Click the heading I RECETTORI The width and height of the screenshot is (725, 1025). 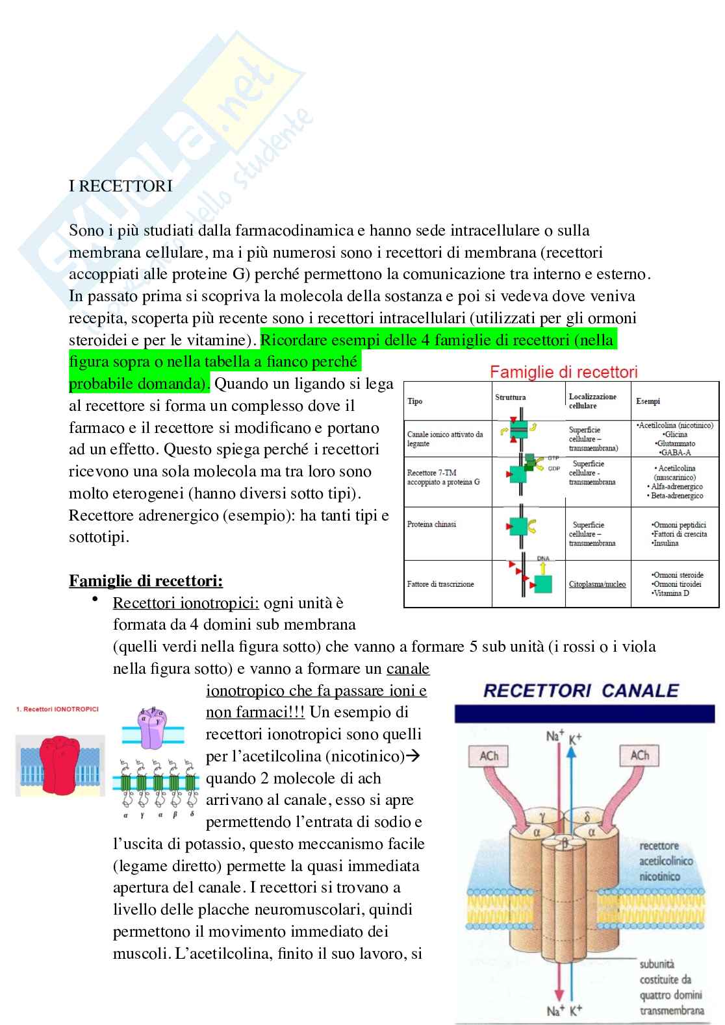(x=121, y=186)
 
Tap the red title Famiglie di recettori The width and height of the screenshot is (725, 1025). (x=563, y=372)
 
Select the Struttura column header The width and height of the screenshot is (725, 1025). (x=511, y=397)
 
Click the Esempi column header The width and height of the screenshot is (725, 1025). (x=648, y=401)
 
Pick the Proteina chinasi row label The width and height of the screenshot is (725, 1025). (x=431, y=525)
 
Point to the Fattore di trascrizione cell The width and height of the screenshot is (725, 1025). (x=440, y=584)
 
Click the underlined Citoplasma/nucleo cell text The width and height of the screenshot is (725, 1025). (x=597, y=584)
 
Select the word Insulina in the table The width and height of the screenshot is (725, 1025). (x=666, y=543)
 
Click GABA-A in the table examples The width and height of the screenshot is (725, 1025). (x=676, y=452)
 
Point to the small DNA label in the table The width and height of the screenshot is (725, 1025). (x=543, y=558)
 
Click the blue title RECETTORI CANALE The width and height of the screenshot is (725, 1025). (x=581, y=691)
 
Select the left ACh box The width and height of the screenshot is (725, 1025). (x=489, y=756)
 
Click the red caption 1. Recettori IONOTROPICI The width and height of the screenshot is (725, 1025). (x=57, y=709)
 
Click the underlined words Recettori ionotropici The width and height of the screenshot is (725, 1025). (x=186, y=603)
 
